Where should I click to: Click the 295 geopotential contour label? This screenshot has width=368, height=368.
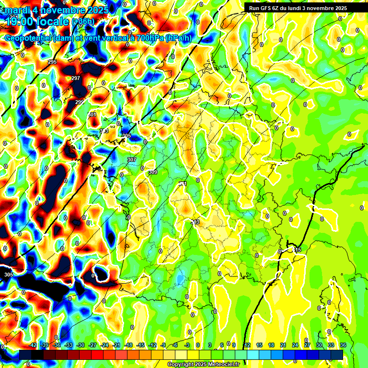click(x=52, y=62)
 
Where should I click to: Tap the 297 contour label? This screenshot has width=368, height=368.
click(x=76, y=78)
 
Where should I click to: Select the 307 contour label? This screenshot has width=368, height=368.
click(x=132, y=160)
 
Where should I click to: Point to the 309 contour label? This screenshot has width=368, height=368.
click(x=152, y=172)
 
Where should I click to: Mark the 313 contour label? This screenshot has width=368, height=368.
click(x=195, y=222)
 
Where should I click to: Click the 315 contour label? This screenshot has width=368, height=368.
click(x=297, y=250)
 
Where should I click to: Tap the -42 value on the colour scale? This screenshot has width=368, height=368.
click(x=33, y=345)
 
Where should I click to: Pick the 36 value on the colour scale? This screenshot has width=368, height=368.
click(x=343, y=345)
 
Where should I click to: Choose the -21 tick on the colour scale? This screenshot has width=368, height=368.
click(x=116, y=345)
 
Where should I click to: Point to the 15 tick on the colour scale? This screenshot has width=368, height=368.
click(x=259, y=345)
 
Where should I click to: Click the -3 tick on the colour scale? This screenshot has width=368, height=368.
click(x=187, y=345)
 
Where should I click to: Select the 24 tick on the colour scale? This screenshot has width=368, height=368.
click(x=295, y=345)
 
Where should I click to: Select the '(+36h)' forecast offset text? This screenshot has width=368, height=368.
click(x=83, y=22)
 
